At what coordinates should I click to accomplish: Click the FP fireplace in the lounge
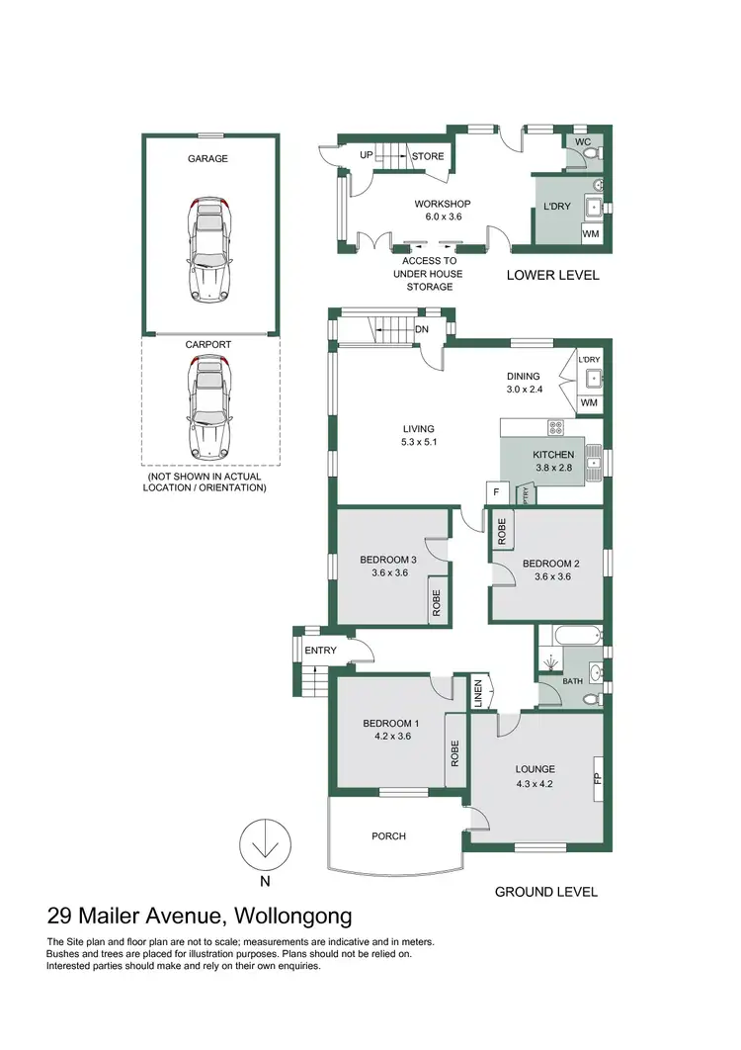point(596,778)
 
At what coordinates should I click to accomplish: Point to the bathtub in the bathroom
point(568,637)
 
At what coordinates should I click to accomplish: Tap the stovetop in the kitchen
point(555,428)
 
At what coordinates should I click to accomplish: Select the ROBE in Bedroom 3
point(435,602)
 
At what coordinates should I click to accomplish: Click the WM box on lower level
point(590,234)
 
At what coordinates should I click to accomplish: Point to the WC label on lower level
point(583,142)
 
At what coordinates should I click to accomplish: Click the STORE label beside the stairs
point(428,156)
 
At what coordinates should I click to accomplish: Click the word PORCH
point(388,836)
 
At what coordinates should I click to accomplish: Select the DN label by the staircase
point(422,329)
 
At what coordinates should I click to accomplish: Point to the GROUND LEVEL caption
point(545,892)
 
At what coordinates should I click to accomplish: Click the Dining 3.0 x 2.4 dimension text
point(523,390)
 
